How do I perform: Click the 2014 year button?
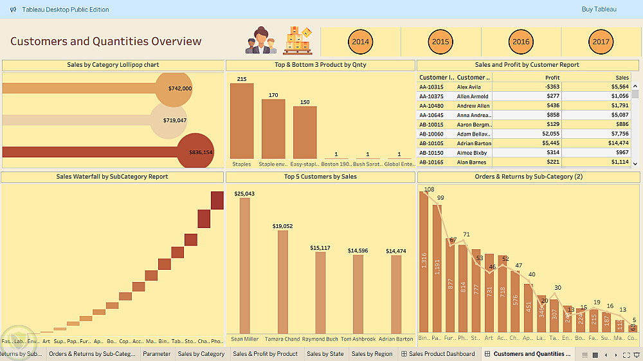coord(361,42)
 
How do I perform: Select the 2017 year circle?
coord(601,42)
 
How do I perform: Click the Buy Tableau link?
coord(599,10)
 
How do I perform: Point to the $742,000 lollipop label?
coord(180,88)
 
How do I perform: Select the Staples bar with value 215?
coord(242,121)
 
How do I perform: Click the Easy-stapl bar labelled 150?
coord(305,132)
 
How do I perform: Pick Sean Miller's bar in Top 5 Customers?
coord(244,265)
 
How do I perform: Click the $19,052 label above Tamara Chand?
coord(282,226)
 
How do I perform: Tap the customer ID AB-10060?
coord(431,134)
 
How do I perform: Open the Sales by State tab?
coord(325,354)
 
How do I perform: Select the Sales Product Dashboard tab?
coord(442,354)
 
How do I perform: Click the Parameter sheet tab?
coord(157,354)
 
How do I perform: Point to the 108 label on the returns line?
coord(429,189)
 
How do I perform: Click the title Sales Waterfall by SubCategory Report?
coord(113,177)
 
